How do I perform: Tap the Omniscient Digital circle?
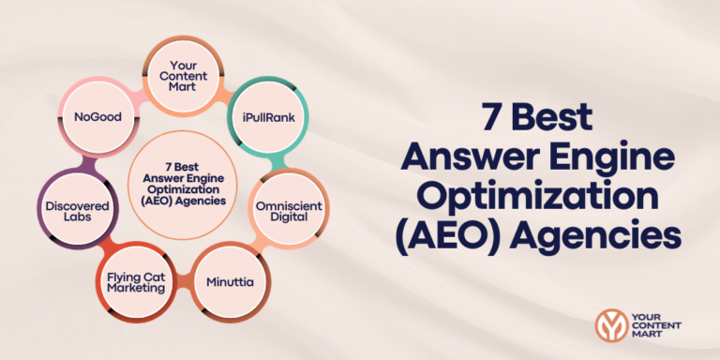281,208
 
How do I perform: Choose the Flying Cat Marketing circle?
136,279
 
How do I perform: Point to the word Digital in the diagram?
281,217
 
